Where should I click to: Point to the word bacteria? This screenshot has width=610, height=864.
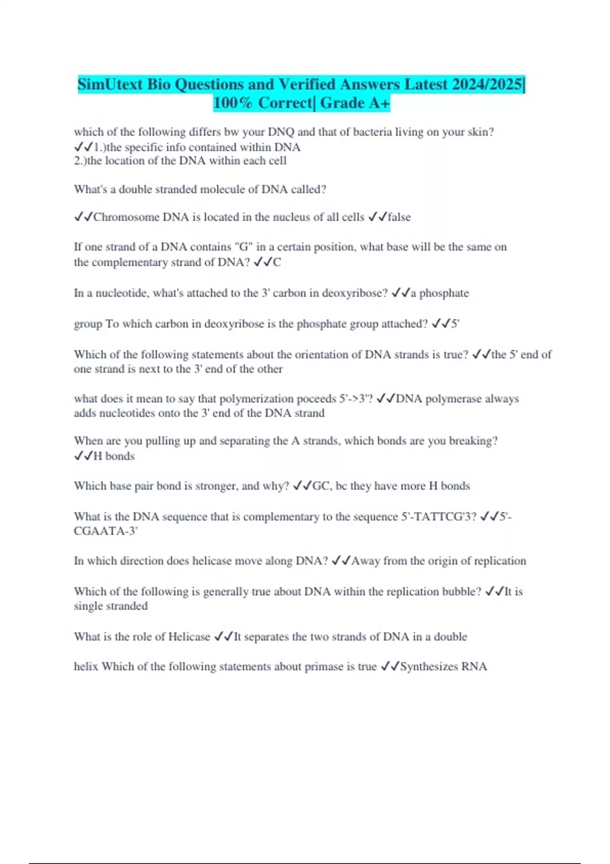coord(365,132)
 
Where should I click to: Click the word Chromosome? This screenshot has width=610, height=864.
coord(126,217)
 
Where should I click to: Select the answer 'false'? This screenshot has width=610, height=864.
coord(399,217)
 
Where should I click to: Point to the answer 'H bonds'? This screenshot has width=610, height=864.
coord(114,456)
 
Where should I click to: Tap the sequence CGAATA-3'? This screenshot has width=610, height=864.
coord(106,531)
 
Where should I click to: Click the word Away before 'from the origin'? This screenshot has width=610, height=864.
coord(365,561)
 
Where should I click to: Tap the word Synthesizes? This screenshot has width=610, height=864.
coord(429,667)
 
